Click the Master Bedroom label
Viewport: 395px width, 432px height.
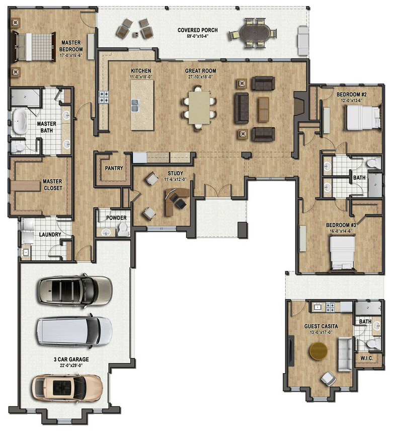point(71,46)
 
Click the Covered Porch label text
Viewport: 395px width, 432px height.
point(197,30)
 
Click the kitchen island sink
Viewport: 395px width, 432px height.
point(135,105)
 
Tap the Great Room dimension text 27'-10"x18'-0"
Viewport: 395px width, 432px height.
point(200,77)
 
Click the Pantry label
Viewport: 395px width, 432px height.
point(114,168)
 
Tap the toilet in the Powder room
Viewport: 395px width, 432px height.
point(121,230)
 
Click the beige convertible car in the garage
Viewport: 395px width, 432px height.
point(67,388)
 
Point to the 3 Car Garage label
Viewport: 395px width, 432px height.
point(71,359)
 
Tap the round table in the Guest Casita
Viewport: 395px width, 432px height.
point(318,350)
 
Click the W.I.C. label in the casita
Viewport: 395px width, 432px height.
point(366,358)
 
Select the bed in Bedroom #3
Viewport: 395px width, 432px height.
point(342,252)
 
